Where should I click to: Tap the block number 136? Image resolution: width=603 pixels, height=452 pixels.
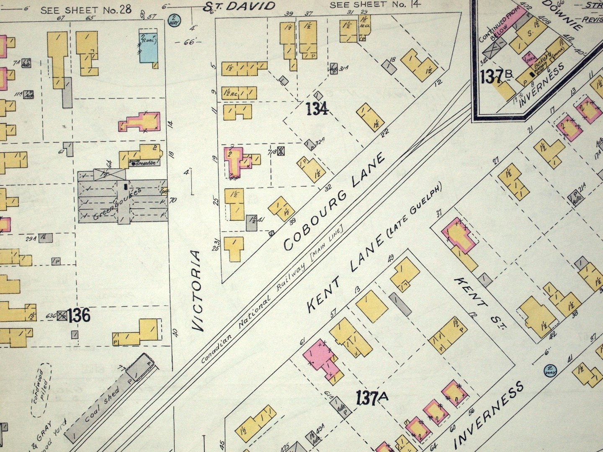click(x=79, y=315)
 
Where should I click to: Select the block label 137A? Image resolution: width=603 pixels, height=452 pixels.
click(x=372, y=397)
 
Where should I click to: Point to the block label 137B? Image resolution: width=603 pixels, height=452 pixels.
click(x=497, y=76)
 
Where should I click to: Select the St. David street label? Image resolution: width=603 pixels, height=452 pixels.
click(x=240, y=6)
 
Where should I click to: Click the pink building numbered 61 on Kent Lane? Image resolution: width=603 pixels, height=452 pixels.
click(x=320, y=357)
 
